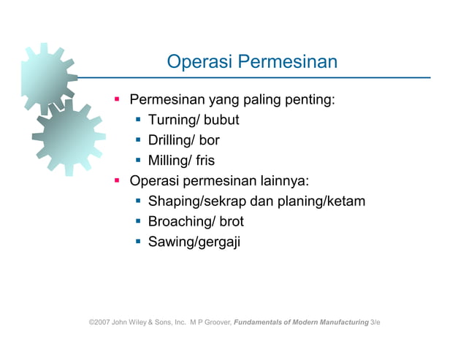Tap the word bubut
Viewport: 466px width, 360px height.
pos(220,120)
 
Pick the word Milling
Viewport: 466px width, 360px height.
pos(169,161)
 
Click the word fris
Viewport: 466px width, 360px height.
pos(205,161)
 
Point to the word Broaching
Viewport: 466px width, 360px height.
pos(178,221)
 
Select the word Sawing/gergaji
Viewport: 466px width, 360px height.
pos(194,242)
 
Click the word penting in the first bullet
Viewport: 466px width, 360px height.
pos(310,99)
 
